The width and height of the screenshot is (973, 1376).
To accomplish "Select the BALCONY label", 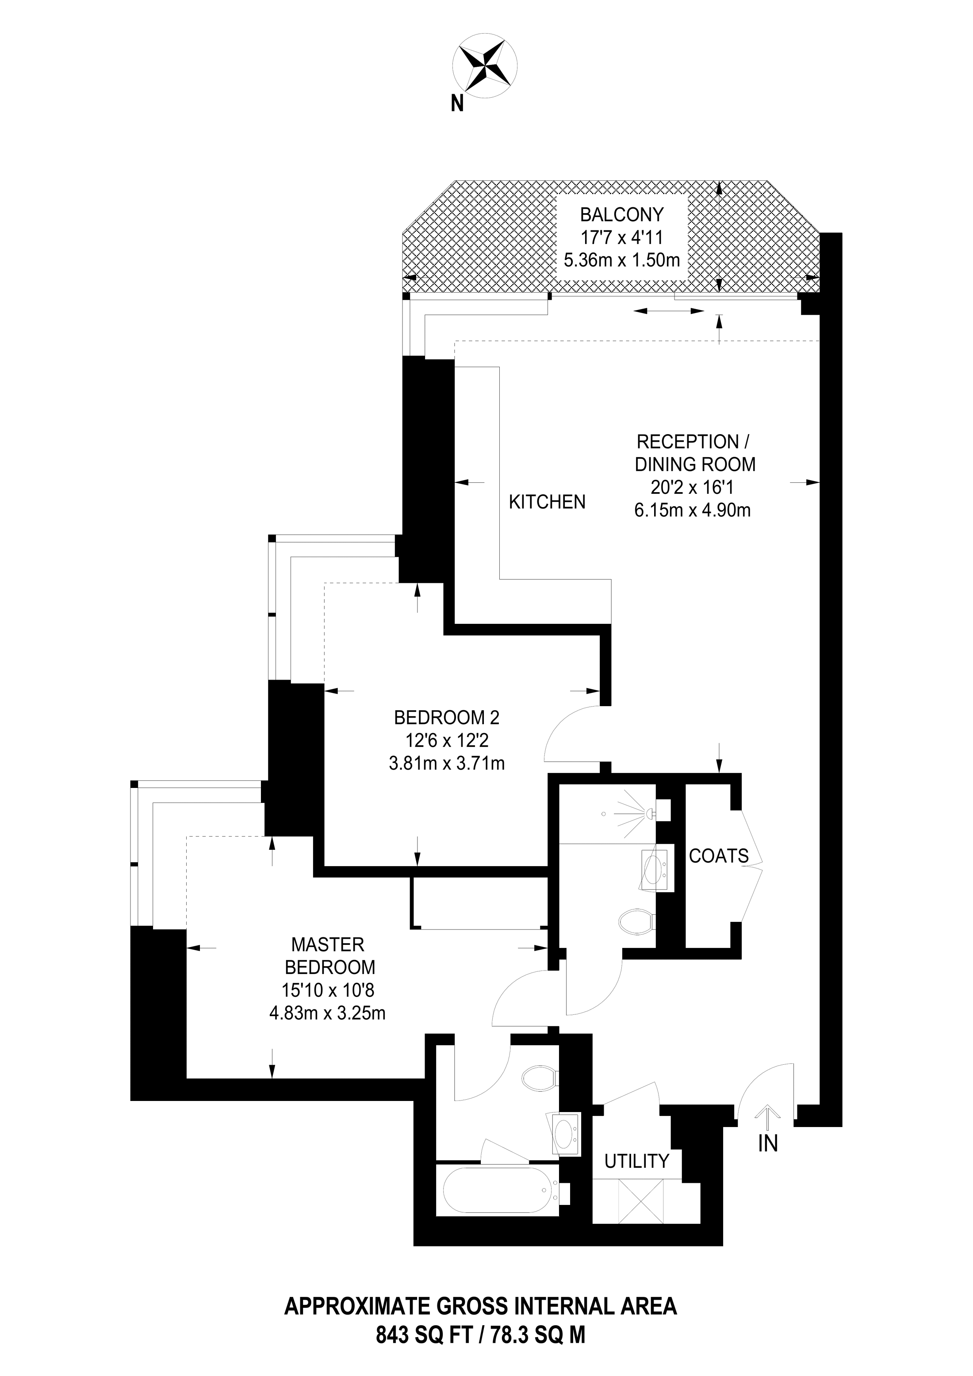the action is [x=622, y=214].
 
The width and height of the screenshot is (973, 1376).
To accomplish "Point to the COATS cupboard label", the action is [x=718, y=856].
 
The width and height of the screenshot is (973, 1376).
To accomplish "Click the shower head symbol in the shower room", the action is [x=647, y=813].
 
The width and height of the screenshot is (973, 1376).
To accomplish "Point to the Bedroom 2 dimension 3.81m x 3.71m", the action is [x=447, y=763].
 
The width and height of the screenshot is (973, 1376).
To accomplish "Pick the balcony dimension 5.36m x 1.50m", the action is [x=622, y=260].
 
